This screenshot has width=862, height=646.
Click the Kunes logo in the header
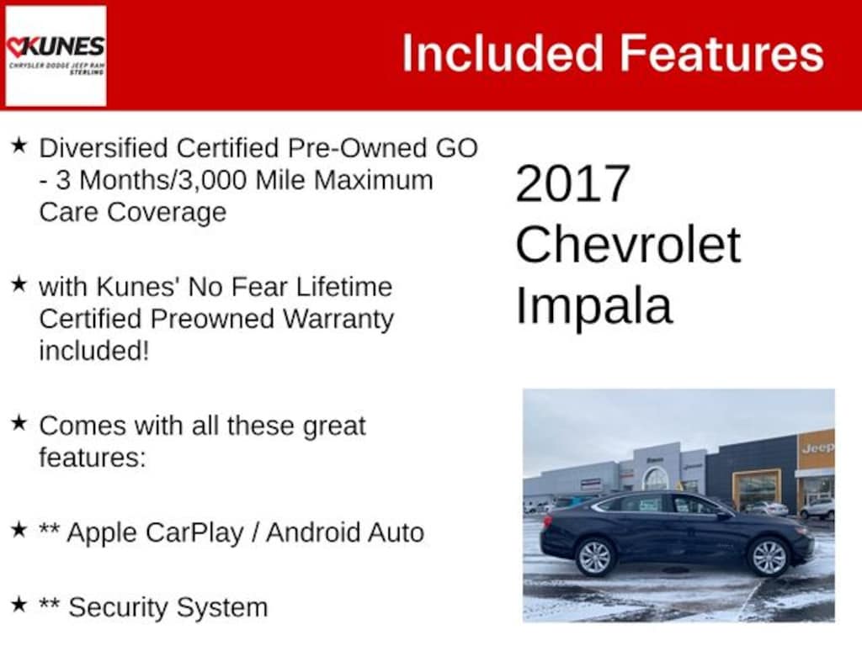56,56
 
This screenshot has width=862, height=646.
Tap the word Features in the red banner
722,53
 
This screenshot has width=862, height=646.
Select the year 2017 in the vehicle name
572,183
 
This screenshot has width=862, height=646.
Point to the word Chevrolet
628,245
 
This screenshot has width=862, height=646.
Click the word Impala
594,307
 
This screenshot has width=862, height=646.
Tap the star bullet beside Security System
19,604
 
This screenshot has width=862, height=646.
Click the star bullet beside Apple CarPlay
19,530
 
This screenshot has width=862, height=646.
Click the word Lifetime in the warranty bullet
344,287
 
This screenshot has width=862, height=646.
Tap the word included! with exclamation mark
94,351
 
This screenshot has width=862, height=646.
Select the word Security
118,607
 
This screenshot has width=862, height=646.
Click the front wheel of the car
768,557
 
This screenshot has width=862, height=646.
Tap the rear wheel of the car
595,557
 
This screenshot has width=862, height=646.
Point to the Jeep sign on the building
817,447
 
